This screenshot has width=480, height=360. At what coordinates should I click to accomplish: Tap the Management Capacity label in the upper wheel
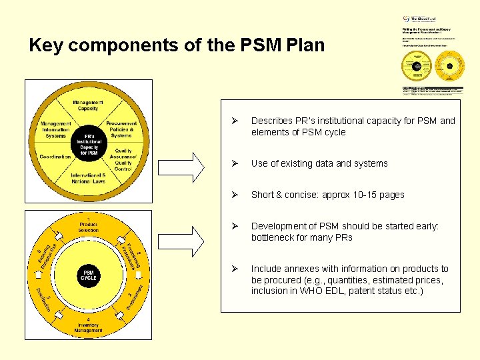(88, 105)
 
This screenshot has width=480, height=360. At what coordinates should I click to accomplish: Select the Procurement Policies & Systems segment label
(121, 129)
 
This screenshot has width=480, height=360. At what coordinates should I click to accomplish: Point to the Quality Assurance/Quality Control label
(123, 159)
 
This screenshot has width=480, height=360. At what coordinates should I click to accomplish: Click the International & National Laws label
(89, 179)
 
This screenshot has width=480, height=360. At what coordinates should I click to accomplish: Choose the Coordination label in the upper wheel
(55, 157)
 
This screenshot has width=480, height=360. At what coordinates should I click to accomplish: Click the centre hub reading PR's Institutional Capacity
(89, 143)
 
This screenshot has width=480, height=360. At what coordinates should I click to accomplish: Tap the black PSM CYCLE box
(89, 275)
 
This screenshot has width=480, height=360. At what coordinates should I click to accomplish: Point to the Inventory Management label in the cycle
(89, 326)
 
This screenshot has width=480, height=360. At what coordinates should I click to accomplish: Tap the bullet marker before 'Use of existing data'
(235, 163)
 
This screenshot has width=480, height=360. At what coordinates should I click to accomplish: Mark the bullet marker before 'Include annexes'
(235, 269)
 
